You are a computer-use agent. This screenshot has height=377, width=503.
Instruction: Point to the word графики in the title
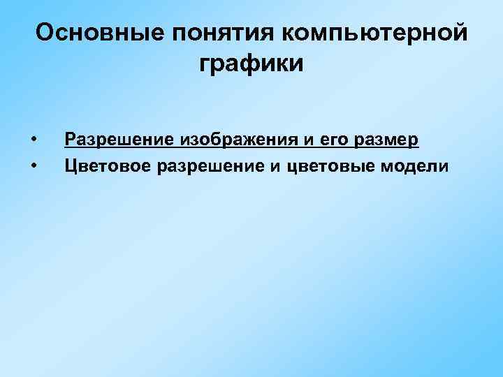[251, 64]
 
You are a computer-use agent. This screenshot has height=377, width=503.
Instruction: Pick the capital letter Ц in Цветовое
[70, 165]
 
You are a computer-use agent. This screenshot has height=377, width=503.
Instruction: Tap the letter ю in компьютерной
[374, 33]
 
